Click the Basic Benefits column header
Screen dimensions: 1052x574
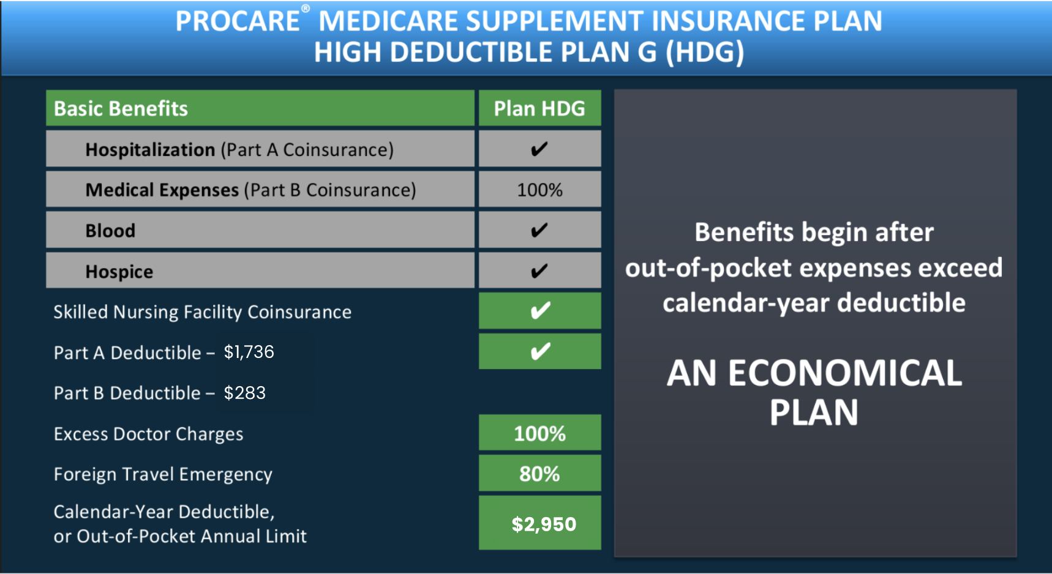pos(121,108)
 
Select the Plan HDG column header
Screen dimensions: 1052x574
pos(539,108)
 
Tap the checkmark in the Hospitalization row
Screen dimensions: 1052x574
pos(539,149)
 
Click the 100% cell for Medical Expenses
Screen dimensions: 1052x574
pos(539,190)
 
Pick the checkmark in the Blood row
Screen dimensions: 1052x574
pos(539,230)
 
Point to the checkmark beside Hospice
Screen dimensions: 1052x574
pos(539,270)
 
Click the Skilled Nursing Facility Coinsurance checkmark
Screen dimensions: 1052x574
pos(540,311)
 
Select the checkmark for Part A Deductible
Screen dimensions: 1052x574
pos(540,351)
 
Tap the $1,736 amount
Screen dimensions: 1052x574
pos(249,352)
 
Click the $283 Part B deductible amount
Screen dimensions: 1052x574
pos(244,393)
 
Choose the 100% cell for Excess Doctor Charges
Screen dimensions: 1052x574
pos(539,433)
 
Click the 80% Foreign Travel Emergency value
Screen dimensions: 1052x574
pos(539,474)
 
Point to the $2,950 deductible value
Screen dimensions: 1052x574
pos(544,524)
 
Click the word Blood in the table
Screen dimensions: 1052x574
pos(110,231)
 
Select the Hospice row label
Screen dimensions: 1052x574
pos(119,272)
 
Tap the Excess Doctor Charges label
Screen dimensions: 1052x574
pos(148,434)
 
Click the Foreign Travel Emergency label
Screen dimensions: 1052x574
pos(163,474)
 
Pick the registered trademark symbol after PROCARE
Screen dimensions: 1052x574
pos(306,9)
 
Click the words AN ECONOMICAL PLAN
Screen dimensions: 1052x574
pos(814,392)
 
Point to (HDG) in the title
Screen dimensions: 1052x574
pos(705,52)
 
